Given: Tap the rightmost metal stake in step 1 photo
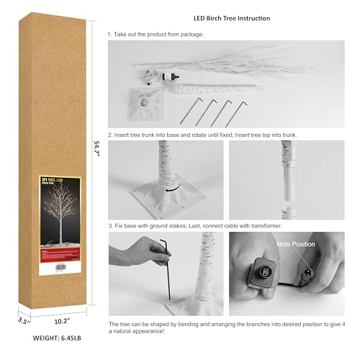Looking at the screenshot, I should click(x=238, y=114).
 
